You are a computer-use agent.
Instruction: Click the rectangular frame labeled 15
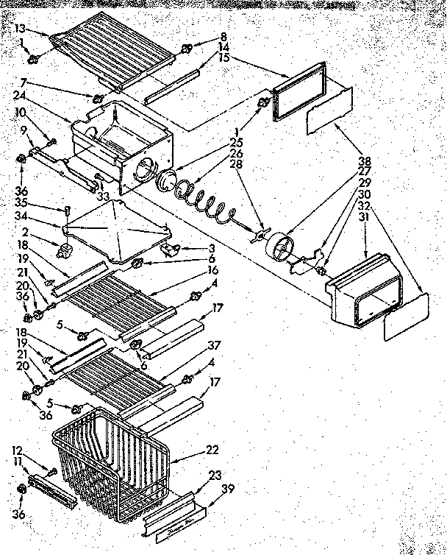coord(298,92)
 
